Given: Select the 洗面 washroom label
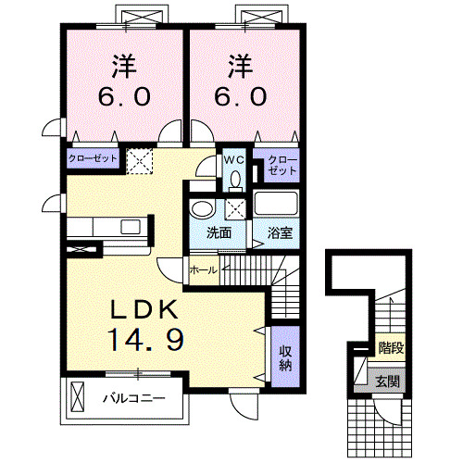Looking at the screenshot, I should click(x=219, y=232).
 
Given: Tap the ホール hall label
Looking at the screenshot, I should click(x=203, y=269).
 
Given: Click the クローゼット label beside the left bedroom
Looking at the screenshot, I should click(x=93, y=159).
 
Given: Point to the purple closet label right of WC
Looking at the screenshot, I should click(x=283, y=167).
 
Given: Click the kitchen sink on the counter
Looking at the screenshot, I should click(x=131, y=226).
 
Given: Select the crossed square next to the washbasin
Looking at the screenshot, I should click(x=235, y=207).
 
